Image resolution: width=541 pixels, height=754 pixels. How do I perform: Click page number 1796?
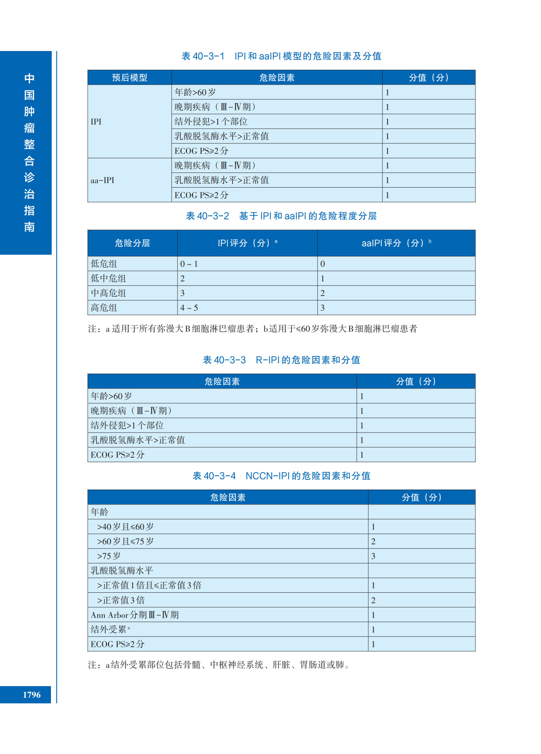pos(31,694)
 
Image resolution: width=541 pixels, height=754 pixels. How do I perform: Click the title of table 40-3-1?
pos(281,56)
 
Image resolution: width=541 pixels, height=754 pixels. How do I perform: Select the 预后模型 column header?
pos(130,78)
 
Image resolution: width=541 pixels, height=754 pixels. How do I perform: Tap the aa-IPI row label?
pos(102,180)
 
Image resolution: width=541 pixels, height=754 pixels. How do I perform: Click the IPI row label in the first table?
pos(96,122)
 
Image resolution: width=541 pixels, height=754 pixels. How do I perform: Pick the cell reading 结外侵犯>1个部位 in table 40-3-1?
pos(211,122)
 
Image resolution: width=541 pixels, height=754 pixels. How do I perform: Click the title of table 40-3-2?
pos(281,216)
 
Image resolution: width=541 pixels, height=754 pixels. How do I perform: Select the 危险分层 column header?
pos(132,243)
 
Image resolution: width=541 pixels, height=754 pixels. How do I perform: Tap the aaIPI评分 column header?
pos(396,243)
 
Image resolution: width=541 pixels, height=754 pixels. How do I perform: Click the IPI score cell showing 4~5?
pos(189,308)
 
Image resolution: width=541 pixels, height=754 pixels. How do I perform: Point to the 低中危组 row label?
pos(108,278)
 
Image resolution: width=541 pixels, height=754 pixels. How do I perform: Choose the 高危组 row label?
pos(104,308)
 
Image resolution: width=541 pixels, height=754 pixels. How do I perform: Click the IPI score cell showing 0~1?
pos(189,264)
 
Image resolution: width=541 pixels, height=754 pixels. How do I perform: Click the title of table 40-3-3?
pos(281,360)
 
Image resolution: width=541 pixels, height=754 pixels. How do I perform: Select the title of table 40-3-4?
pos(281,476)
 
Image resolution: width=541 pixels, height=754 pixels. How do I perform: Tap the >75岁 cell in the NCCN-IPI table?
pos(109,556)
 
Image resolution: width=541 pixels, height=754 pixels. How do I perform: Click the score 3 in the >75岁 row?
pos(373,556)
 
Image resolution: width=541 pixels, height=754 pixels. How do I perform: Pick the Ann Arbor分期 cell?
pos(135,615)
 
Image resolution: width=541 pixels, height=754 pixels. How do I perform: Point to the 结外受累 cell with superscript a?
pos(110,629)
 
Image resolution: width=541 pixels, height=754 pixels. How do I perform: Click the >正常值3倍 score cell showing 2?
pos(373,600)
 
